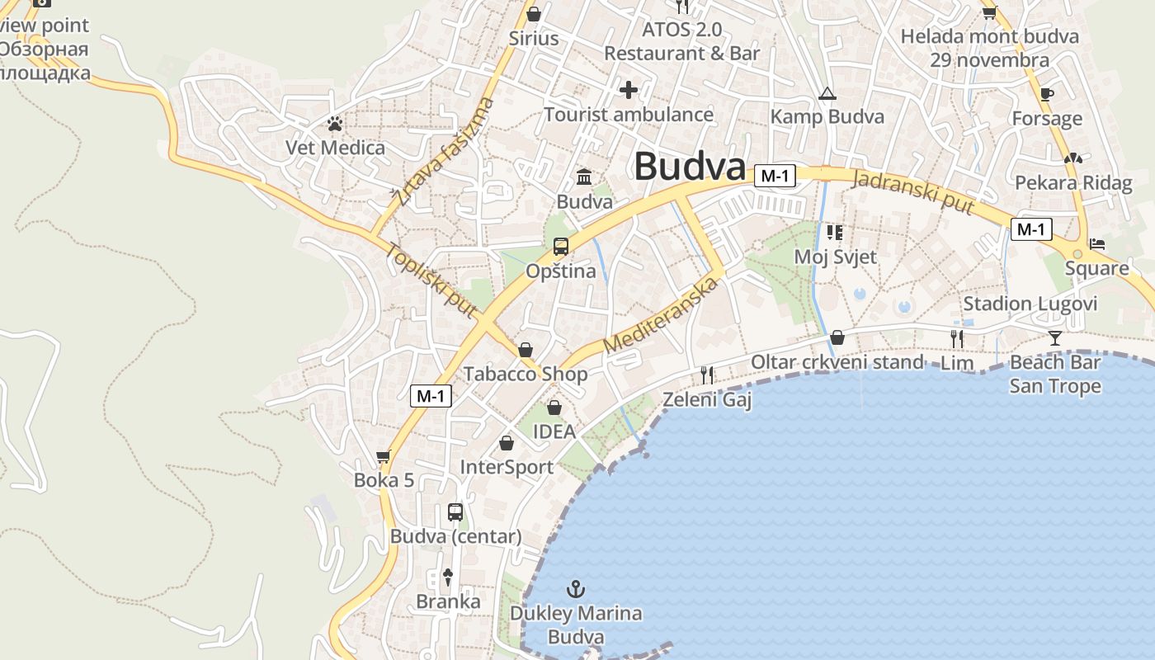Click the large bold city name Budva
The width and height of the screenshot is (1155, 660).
[690, 167]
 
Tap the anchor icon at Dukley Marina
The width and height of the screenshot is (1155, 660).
[576, 589]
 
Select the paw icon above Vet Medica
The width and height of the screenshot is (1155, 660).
[335, 125]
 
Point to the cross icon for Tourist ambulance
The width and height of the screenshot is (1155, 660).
[629, 90]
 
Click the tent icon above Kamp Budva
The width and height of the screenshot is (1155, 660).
[827, 94]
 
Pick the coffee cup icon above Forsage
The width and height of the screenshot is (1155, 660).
[1047, 95]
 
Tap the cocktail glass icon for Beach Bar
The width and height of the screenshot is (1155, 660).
[1055, 337]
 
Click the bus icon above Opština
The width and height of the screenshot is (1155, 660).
[561, 246]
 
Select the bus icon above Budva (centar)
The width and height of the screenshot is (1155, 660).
[455, 511]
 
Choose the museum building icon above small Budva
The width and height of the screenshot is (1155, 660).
[585, 177]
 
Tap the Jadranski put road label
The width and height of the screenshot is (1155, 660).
[913, 192]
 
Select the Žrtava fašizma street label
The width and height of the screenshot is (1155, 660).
[443, 151]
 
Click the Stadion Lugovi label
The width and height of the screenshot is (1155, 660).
[1030, 304]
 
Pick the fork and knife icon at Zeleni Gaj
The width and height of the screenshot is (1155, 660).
[707, 375]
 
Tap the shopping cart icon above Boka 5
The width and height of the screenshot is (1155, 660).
[384, 456]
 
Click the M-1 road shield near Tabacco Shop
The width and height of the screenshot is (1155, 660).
[431, 396]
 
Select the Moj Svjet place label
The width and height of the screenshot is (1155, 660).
[835, 257]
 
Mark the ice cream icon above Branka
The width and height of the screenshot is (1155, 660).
[448, 577]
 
